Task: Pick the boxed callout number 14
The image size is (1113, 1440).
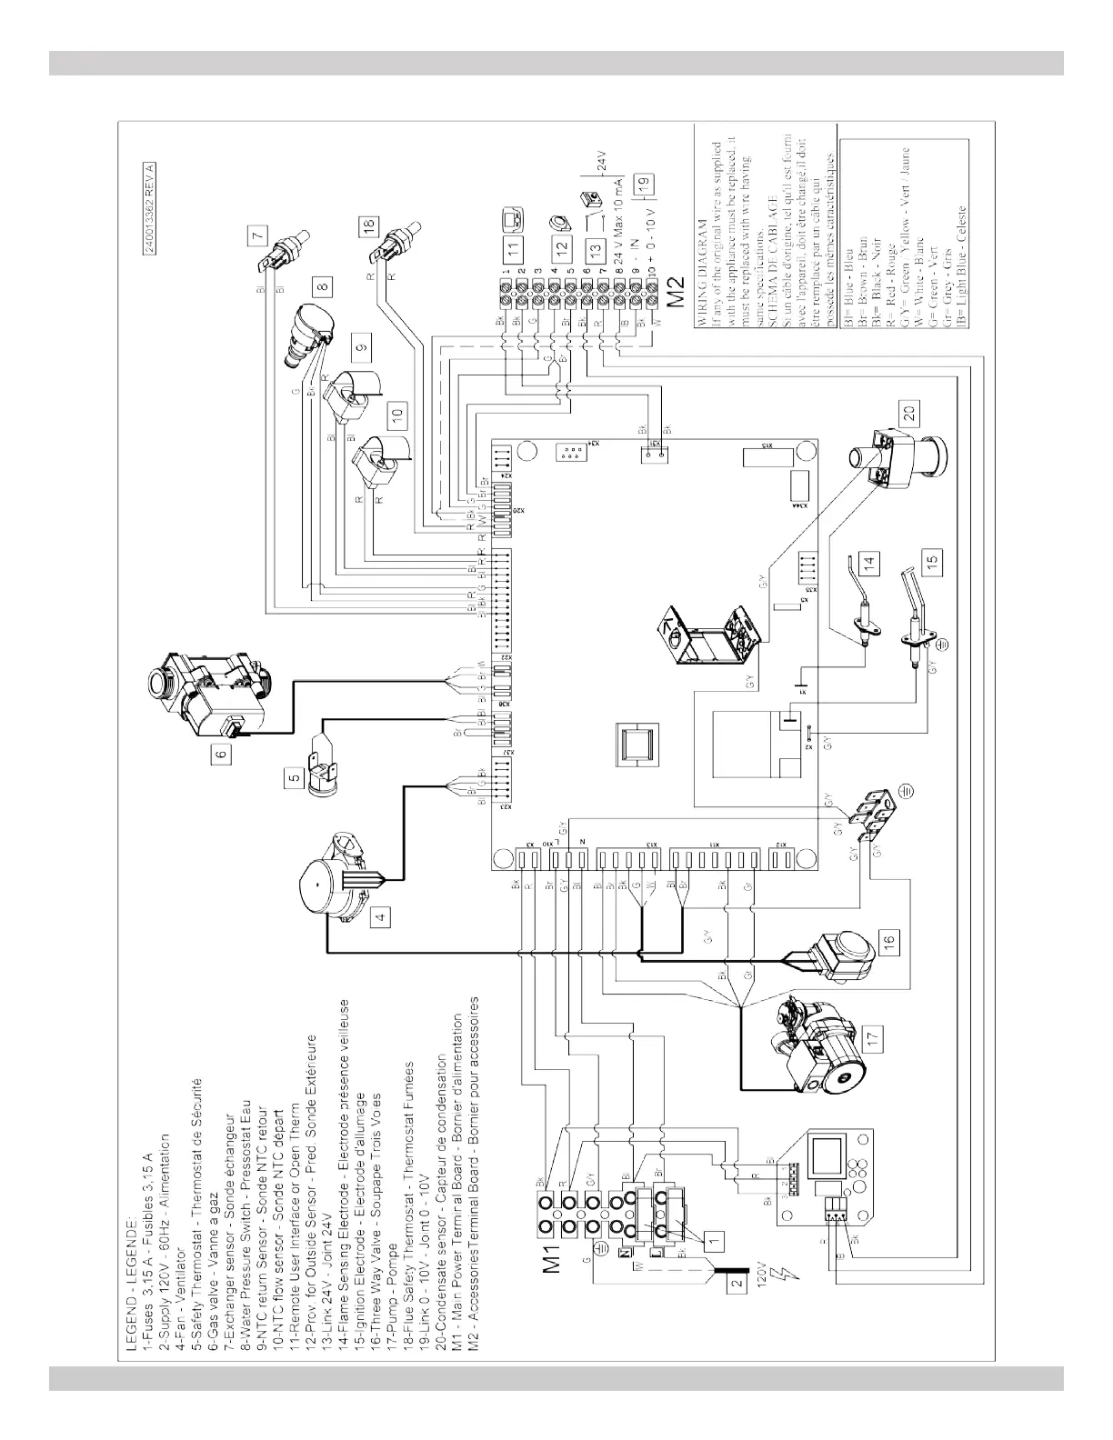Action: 873,563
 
